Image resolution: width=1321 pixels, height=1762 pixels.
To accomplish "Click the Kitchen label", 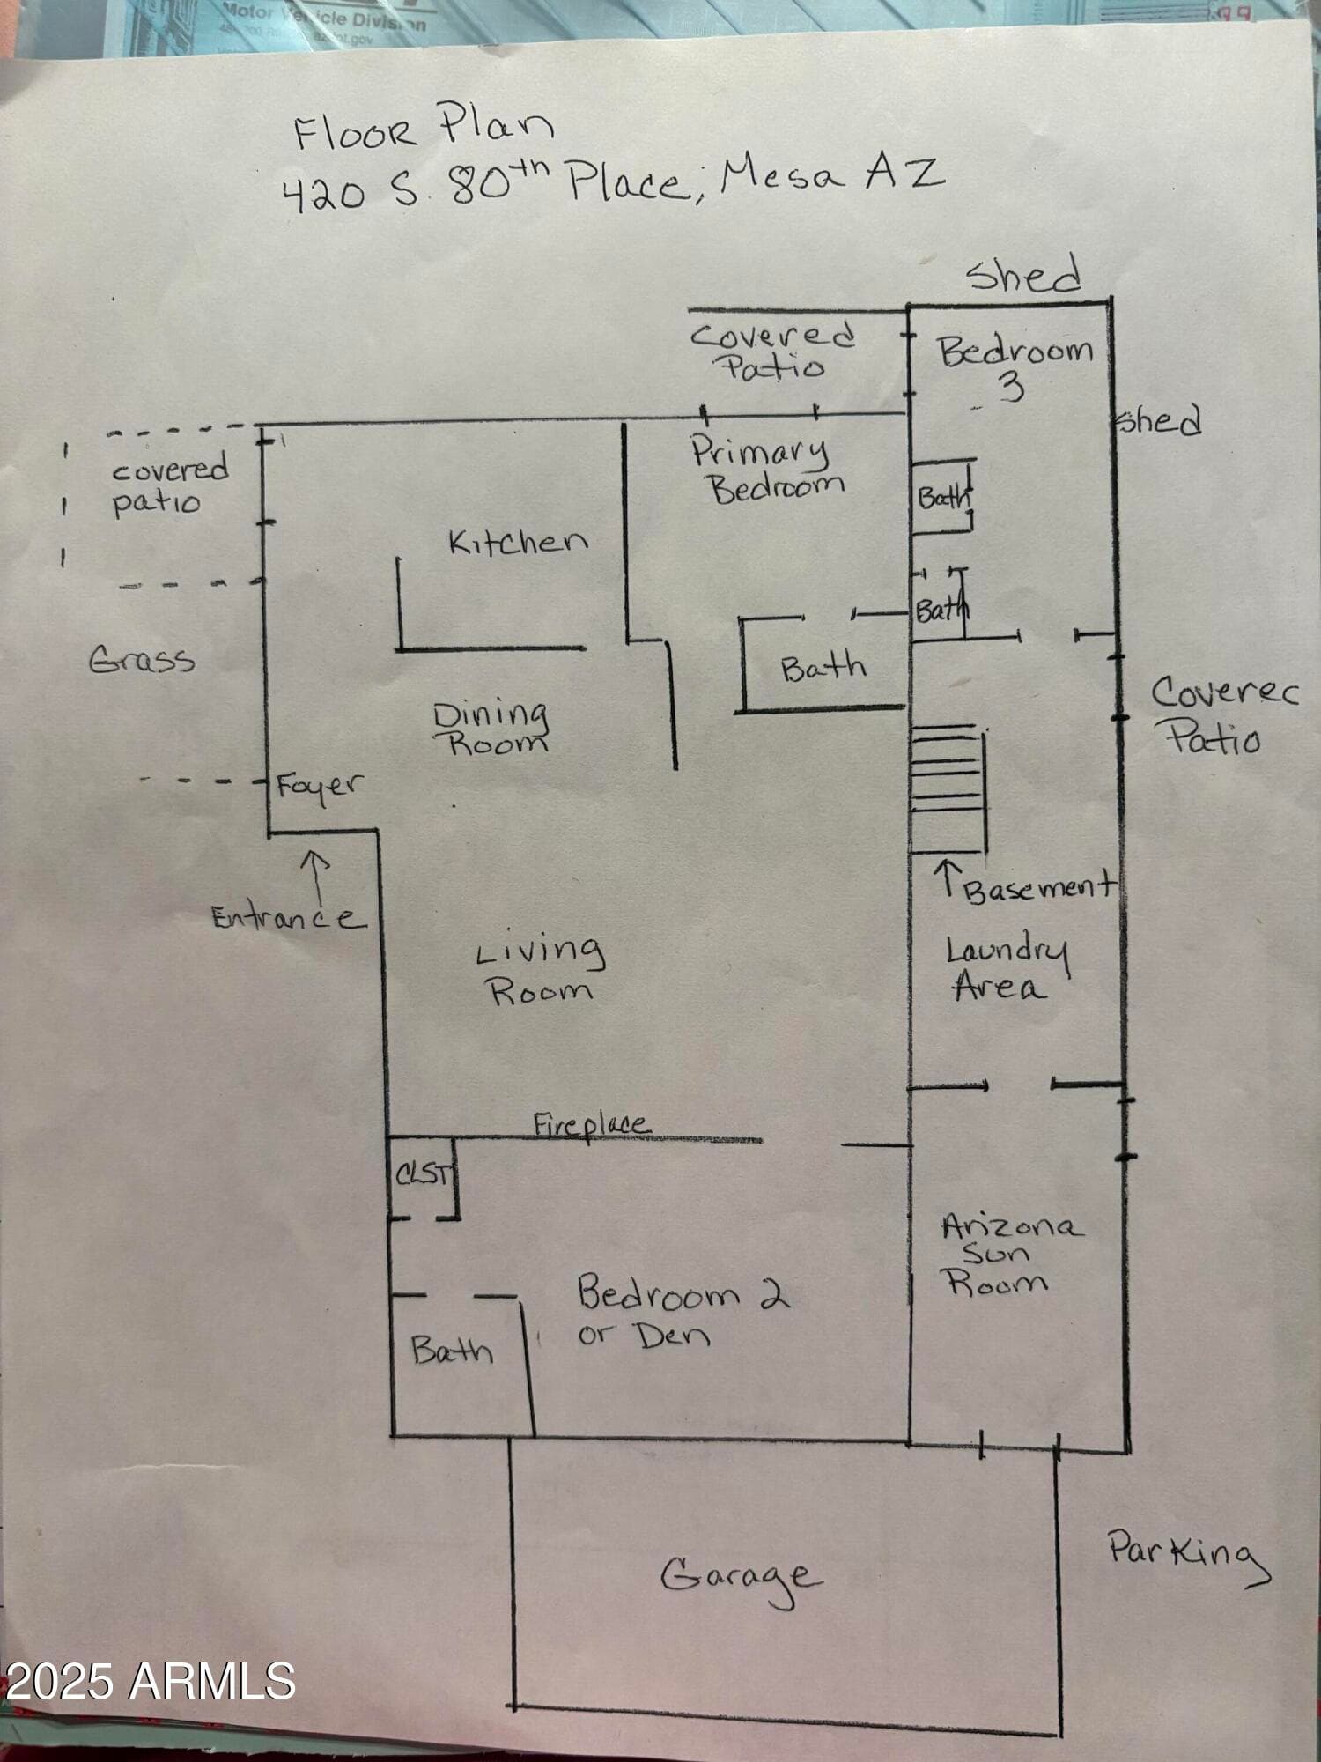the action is point(518,541).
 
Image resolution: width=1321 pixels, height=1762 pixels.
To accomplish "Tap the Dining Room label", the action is point(491,728).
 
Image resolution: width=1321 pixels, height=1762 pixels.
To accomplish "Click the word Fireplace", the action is point(592,1124).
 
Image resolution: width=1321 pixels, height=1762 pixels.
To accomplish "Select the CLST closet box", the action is point(424,1178).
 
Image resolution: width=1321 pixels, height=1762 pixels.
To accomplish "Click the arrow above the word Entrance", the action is point(315,874).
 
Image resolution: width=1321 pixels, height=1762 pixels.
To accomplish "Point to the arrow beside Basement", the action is point(948,879).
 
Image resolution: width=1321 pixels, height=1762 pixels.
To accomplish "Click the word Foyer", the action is point(318,785).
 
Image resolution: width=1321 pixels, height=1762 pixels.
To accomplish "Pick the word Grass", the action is point(142,659).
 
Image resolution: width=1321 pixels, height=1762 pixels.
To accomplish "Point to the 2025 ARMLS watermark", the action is point(150,1681).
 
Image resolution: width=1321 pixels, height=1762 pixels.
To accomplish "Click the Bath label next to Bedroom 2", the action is point(452,1351).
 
